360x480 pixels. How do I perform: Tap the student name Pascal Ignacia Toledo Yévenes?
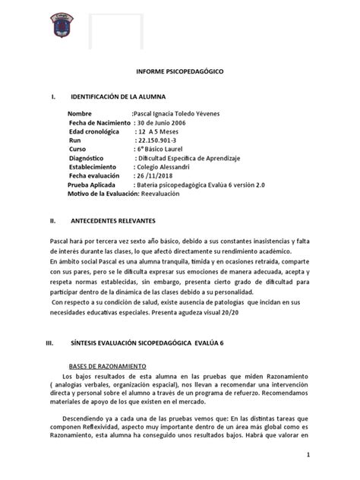pyautogui.click(x=176, y=113)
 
